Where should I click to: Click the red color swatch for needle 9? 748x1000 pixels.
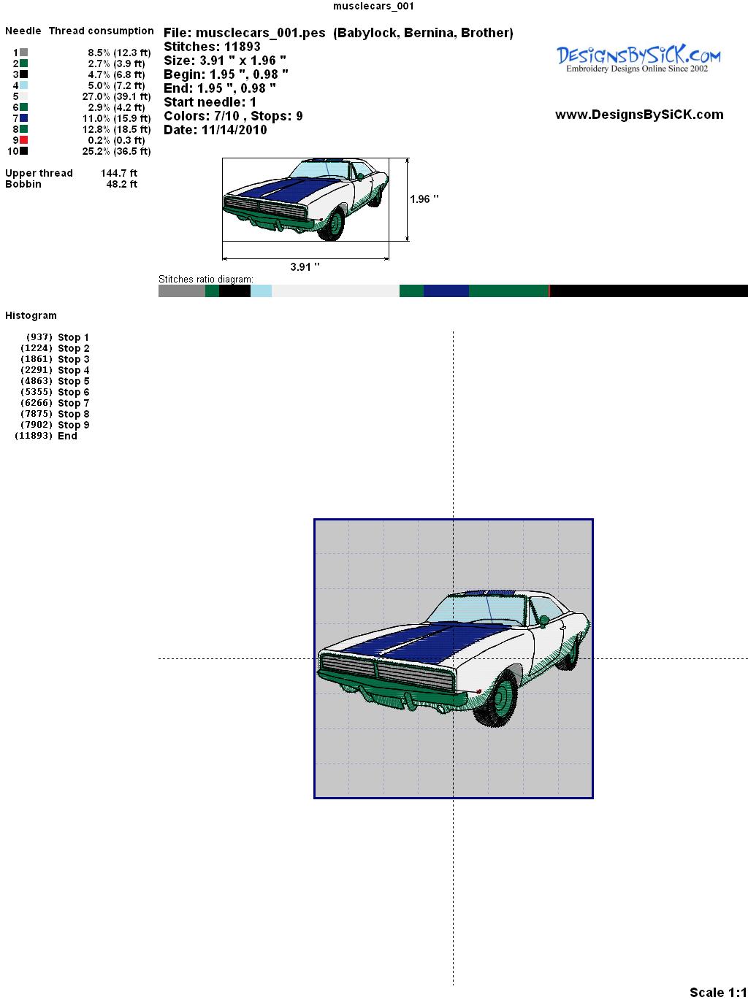point(23,140)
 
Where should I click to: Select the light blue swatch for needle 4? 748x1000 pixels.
point(23,85)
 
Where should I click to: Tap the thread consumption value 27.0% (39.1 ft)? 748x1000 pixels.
point(116,96)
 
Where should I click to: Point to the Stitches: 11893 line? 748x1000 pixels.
point(212,47)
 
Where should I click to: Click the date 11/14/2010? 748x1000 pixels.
point(234,130)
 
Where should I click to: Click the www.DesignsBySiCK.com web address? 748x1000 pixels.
point(639,115)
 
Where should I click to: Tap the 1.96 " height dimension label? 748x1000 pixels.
point(424,199)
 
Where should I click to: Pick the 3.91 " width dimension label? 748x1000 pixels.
point(305,266)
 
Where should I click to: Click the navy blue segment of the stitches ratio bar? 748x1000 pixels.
point(446,291)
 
